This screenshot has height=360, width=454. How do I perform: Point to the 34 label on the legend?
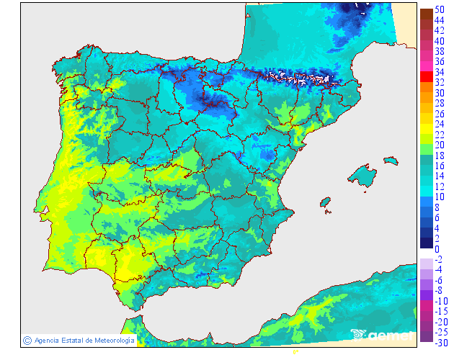tap(440, 72)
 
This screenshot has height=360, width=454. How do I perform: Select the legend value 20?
tap(440, 145)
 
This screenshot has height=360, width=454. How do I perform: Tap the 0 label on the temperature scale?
tap(437, 248)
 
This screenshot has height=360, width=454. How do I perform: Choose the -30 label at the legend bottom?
tap(441, 343)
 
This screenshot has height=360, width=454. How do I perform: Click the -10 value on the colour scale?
tap(441, 301)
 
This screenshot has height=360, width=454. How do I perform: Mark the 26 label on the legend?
tap(440, 114)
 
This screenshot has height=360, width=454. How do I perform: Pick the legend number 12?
tap(440, 186)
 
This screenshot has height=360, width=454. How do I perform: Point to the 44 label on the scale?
tap(440, 20)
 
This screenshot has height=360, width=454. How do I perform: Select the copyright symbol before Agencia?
tap(27, 340)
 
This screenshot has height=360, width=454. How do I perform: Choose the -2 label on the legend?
tap(439, 259)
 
